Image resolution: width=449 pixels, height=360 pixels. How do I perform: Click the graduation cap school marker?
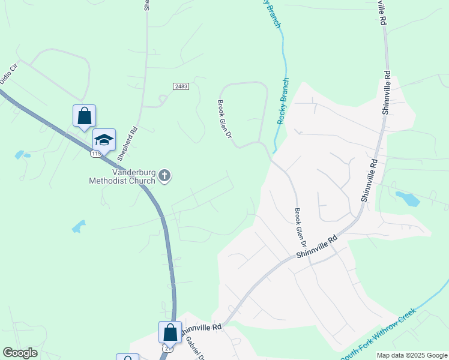coord(104,140)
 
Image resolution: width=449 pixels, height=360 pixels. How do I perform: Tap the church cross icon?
coord(164,176)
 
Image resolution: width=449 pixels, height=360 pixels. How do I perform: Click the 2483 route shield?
coord(181,87)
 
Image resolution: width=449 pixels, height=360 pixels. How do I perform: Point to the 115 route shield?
coord(96,154)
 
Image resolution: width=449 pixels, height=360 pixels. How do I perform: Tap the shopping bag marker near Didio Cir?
coord(84,116)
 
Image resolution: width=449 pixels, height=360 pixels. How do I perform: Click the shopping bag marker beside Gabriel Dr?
coord(170,332)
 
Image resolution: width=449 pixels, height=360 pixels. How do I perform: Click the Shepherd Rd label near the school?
coord(127,143)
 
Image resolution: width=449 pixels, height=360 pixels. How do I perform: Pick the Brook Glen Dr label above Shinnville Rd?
coord(300,229)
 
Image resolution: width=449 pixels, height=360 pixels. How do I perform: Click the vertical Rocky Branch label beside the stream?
coord(283,101)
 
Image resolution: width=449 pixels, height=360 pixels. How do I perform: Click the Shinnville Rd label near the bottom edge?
coord(201,328)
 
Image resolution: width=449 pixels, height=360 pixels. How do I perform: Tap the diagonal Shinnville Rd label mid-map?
coord(316,247)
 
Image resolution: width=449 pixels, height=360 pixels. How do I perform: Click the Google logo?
coord(20,353)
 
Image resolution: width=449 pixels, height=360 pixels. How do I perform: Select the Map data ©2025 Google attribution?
coord(412,355)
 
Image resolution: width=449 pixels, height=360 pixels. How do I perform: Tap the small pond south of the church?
coord(79,226)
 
